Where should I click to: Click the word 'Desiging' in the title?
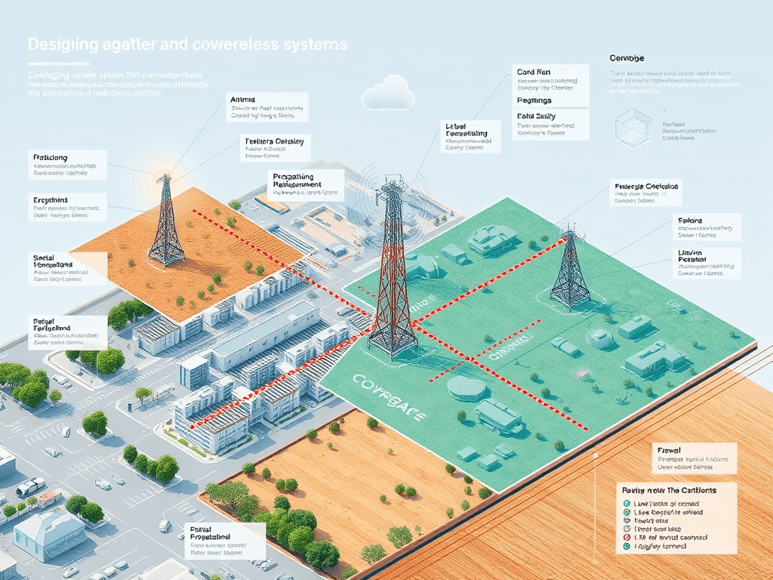(x=63, y=45)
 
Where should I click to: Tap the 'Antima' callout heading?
(x=243, y=99)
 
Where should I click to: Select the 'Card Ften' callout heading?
(x=536, y=72)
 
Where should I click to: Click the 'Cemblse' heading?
(x=627, y=58)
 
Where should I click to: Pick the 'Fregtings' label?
(x=534, y=100)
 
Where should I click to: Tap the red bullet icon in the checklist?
(x=627, y=537)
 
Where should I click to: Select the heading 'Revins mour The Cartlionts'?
(x=667, y=490)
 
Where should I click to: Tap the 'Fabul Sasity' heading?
(x=537, y=116)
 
